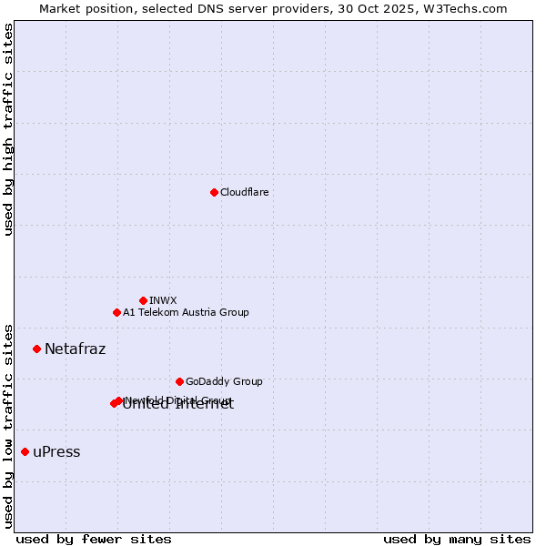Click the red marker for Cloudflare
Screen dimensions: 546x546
point(214,192)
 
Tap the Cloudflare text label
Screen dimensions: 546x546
point(245,192)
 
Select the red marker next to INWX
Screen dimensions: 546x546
point(143,300)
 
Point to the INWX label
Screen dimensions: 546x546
point(163,300)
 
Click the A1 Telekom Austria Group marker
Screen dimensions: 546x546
point(116,312)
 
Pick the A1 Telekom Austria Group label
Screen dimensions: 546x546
point(186,312)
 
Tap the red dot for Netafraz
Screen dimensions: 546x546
point(36,349)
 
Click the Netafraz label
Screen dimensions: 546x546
point(75,349)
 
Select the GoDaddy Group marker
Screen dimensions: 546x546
point(179,381)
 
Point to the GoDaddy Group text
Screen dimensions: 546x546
point(224,381)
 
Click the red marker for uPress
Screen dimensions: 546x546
point(25,451)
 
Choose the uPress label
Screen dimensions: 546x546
point(56,451)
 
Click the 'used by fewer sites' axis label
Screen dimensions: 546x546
point(94,539)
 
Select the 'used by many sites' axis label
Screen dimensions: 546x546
point(457,539)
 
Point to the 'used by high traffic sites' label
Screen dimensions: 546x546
point(9,129)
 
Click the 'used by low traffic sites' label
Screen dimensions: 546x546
point(9,425)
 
